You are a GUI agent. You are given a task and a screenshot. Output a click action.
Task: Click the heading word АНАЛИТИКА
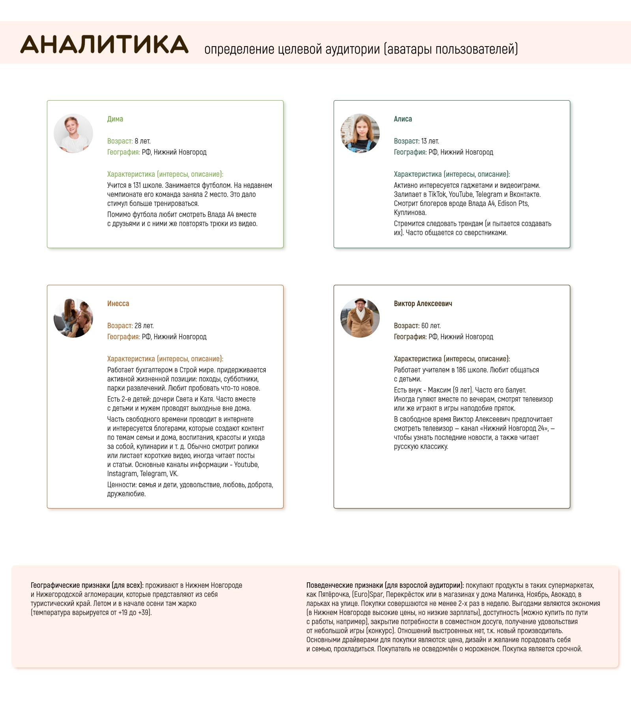[x=105, y=44]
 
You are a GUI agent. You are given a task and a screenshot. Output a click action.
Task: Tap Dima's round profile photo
[x=73, y=133]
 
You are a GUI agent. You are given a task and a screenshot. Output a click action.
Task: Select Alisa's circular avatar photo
[x=360, y=133]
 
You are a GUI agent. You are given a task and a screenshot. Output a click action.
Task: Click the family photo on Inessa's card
[x=73, y=318]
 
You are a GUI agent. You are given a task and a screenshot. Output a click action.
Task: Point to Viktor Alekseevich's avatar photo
[x=360, y=318]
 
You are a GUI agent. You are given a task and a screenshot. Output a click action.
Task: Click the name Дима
[x=115, y=119]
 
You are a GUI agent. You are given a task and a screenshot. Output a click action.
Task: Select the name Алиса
[x=403, y=119]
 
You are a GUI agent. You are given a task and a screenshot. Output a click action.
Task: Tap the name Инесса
[x=118, y=304]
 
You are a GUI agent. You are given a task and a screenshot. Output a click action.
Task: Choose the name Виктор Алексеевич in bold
[x=423, y=304]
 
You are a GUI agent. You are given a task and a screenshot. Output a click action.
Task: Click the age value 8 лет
[x=142, y=141]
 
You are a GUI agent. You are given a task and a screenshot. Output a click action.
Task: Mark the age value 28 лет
[x=144, y=326]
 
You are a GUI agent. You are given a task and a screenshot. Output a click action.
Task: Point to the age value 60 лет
[x=431, y=326]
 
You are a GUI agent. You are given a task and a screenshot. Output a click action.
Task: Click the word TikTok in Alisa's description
[x=437, y=194]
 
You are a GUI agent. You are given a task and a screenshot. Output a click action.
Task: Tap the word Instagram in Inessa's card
[x=122, y=474]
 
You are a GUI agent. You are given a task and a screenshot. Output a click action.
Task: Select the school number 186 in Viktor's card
[x=461, y=370]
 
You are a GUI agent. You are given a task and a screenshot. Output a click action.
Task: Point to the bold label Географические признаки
[x=70, y=585]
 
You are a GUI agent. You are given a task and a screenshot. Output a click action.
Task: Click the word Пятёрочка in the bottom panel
[x=334, y=594]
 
